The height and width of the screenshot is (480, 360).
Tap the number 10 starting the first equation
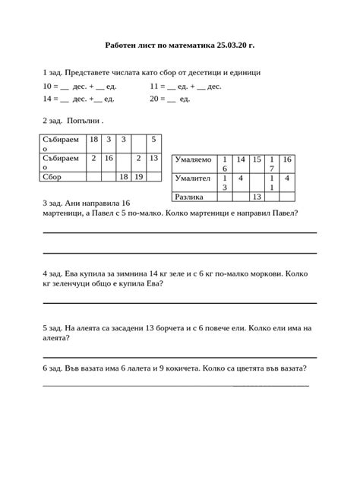[x=49, y=87]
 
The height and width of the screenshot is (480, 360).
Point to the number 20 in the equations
[x=156, y=99]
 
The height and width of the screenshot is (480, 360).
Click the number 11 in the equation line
[x=156, y=87]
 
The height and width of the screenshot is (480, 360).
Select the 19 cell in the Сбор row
[x=138, y=176]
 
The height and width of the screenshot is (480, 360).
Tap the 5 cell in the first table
[x=153, y=139]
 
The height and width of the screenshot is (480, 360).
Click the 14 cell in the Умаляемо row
[x=240, y=160]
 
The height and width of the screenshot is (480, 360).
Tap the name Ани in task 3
[x=75, y=204]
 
